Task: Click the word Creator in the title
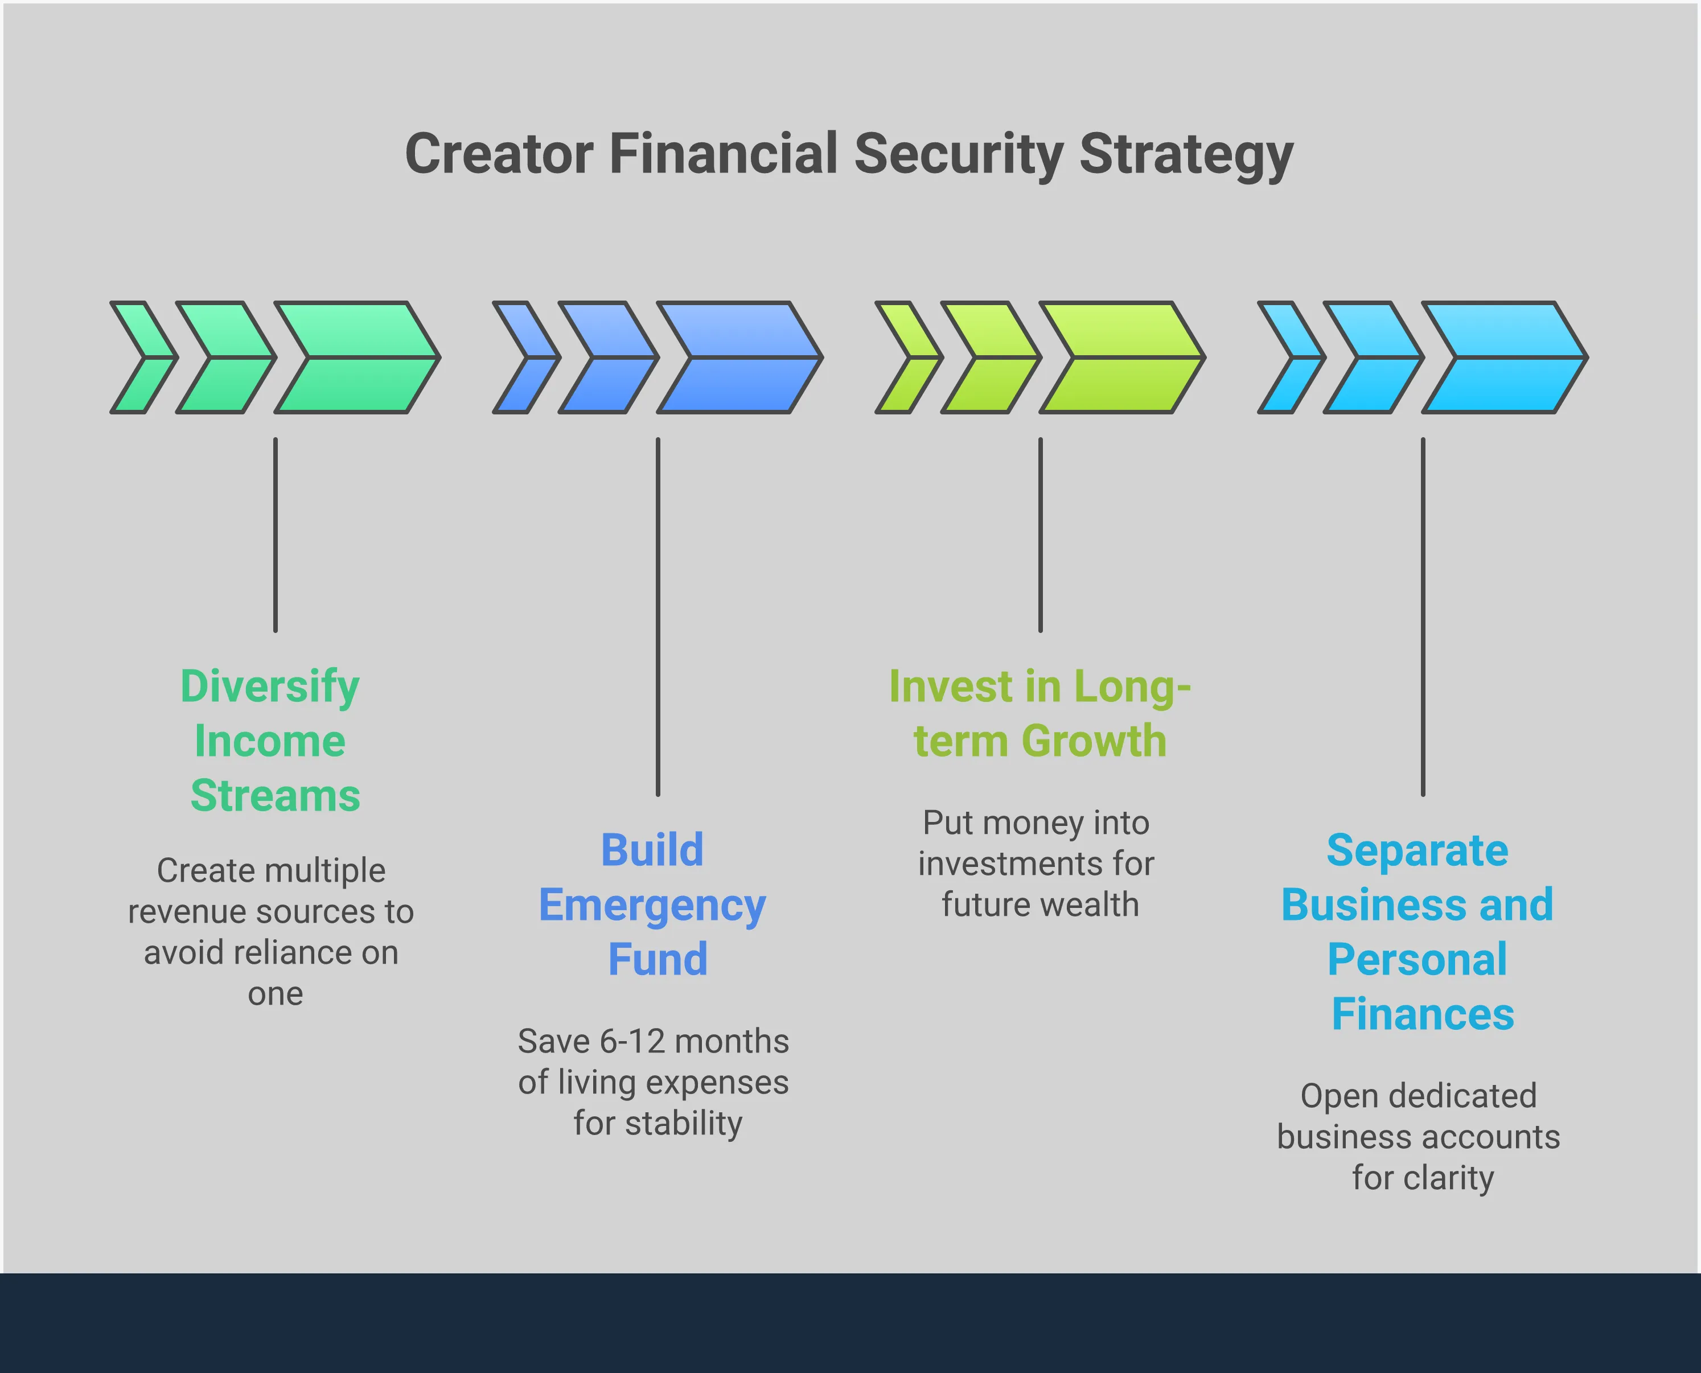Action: click(x=499, y=154)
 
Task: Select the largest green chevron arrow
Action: click(x=356, y=357)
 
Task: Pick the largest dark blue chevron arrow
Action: click(x=739, y=357)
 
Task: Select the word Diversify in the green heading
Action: click(x=270, y=686)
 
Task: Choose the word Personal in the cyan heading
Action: click(x=1417, y=959)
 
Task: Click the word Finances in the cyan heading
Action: click(x=1423, y=1014)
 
